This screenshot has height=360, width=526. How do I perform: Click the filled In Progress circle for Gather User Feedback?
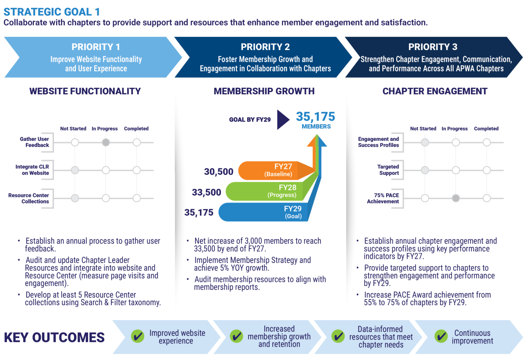pyautogui.click(x=106, y=143)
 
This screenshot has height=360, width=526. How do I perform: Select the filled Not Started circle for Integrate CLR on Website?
pyautogui.click(x=75, y=170)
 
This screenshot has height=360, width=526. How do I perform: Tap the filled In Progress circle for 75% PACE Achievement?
pyautogui.click(x=456, y=198)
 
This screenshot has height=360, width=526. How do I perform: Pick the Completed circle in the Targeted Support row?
pyautogui.click(x=487, y=170)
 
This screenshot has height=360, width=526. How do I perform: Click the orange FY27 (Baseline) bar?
pyautogui.click(x=275, y=171)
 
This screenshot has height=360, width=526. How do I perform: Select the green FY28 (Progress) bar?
pyautogui.click(x=268, y=191)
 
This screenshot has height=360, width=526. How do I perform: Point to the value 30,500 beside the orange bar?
pyautogui.click(x=219, y=171)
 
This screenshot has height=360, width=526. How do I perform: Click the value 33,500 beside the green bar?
pyautogui.click(x=206, y=192)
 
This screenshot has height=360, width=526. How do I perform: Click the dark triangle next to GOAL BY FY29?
pyautogui.click(x=282, y=120)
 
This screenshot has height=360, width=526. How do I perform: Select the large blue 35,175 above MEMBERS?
pyautogui.click(x=315, y=117)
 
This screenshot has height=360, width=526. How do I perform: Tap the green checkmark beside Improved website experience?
pyautogui.click(x=138, y=336)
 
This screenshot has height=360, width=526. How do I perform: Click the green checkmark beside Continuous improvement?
pyautogui.click(x=441, y=336)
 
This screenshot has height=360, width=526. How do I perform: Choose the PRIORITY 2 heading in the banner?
pyautogui.click(x=265, y=47)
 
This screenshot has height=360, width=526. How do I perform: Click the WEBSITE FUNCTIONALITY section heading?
pyautogui.click(x=85, y=91)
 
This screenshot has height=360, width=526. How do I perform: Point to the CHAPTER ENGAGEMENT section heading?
pyautogui.click(x=435, y=91)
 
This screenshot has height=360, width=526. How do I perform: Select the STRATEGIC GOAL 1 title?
pyautogui.click(x=52, y=12)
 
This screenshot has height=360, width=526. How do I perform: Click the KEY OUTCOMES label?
pyautogui.click(x=54, y=338)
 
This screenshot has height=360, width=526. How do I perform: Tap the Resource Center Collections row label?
pyautogui.click(x=28, y=198)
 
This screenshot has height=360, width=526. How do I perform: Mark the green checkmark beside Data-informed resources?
pyautogui.click(x=338, y=336)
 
